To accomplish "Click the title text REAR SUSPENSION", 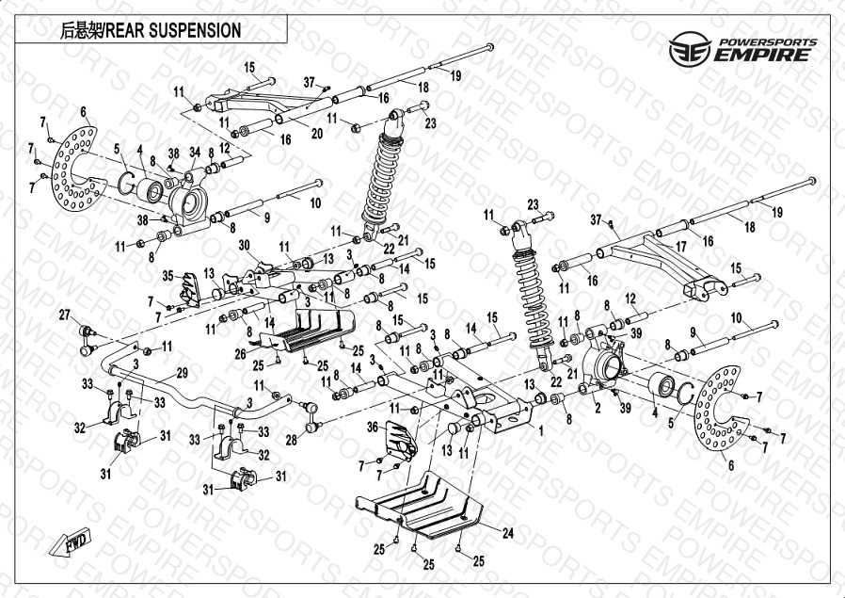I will (x=151, y=30).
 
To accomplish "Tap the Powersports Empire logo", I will (x=740, y=48).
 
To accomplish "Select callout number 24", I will (x=507, y=533).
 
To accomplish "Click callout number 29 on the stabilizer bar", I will (x=182, y=373).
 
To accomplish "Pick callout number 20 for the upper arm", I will (x=317, y=133).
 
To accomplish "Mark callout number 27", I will (x=65, y=314).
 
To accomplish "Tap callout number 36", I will (x=372, y=427).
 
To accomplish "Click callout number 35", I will (x=167, y=276).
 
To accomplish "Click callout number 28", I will (x=291, y=440).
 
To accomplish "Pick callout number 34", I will (x=195, y=152).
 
